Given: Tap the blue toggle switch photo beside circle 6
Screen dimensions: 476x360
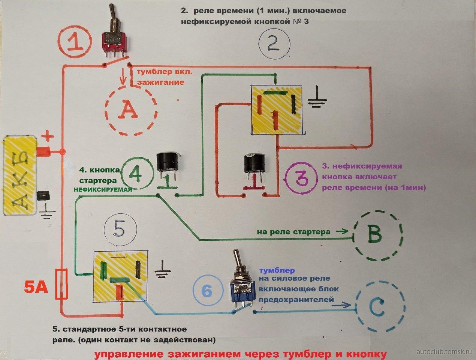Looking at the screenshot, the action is point(241,279).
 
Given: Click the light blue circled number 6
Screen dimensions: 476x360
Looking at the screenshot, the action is point(208,291).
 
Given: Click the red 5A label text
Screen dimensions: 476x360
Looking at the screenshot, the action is point(36,288).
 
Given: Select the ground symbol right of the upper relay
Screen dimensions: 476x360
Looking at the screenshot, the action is point(317,97).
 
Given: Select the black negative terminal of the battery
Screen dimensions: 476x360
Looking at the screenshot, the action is point(43,196).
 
